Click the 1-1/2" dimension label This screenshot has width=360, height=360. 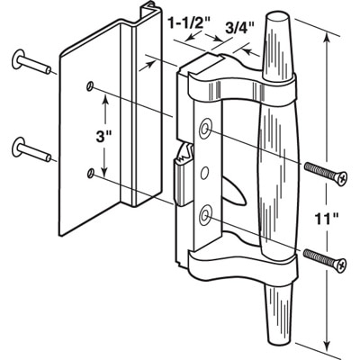(x=190, y=23)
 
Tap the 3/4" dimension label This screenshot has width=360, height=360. (x=237, y=30)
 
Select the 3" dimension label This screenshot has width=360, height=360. (x=103, y=138)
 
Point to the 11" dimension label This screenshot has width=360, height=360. (x=328, y=219)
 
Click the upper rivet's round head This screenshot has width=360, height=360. (x=18, y=58)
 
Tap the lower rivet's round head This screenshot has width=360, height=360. (x=19, y=147)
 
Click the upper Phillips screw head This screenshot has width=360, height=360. (x=341, y=179)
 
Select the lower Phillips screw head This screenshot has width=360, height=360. (x=341, y=265)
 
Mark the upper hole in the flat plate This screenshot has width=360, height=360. (x=89, y=86)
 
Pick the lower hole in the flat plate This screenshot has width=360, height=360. (x=90, y=173)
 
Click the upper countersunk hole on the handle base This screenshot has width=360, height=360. (x=205, y=130)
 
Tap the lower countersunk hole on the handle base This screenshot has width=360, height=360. (x=206, y=214)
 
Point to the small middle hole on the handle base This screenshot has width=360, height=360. (x=204, y=173)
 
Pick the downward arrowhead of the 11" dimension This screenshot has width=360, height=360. (x=327, y=344)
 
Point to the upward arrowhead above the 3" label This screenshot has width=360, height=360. (x=104, y=100)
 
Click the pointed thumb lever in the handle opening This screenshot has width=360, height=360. (x=235, y=192)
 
